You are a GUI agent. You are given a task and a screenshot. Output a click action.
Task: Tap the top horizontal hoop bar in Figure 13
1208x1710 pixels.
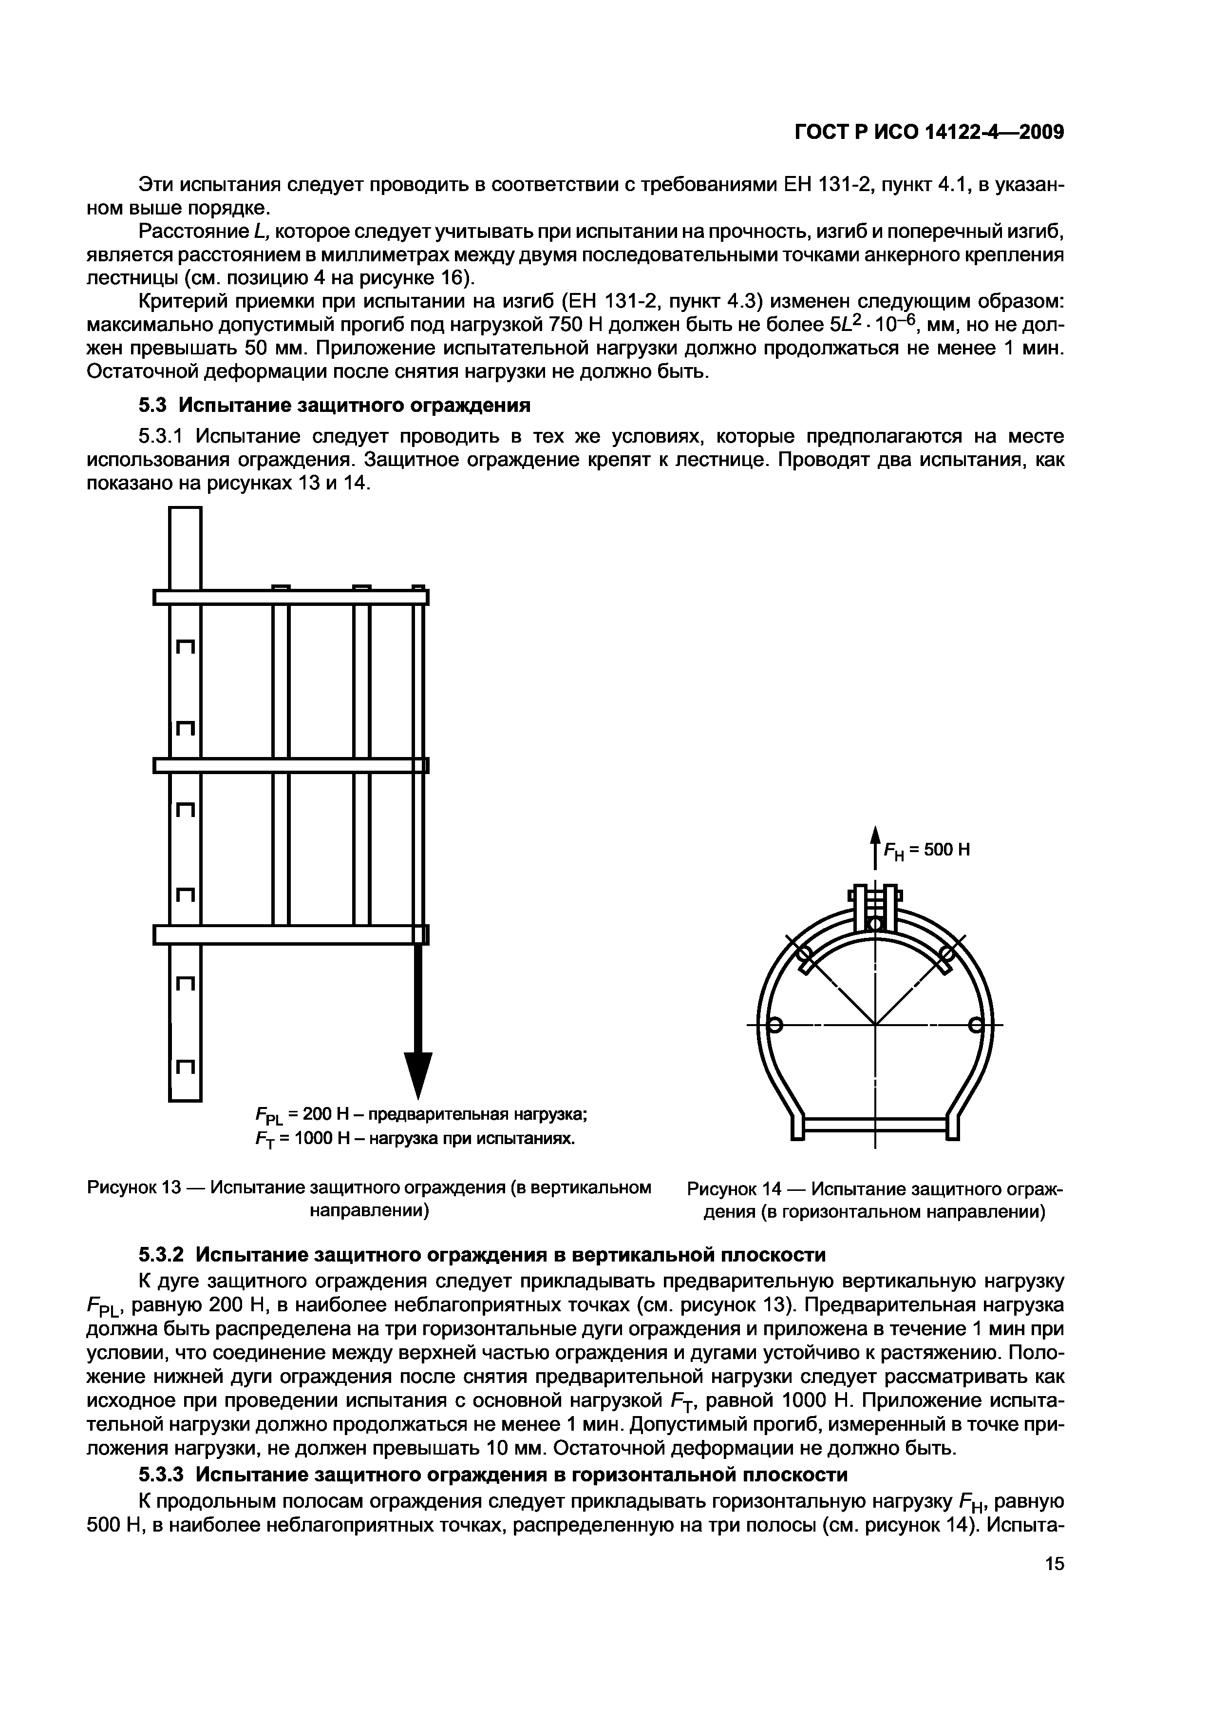(291, 597)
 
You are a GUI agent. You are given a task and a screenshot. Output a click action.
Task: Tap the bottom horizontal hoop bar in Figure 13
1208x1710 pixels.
(291, 934)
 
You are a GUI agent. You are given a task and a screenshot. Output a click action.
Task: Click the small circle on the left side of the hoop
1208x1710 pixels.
(774, 1026)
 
